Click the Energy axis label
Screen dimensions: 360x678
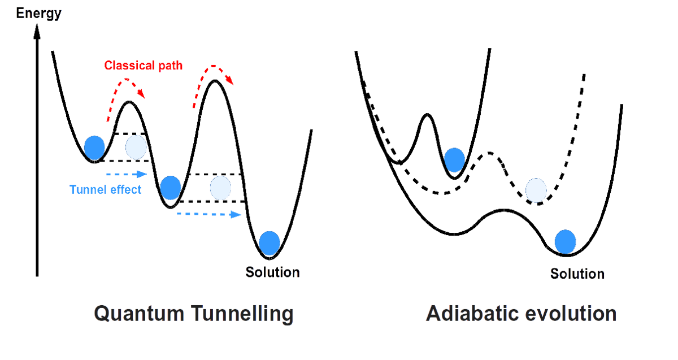(38, 12)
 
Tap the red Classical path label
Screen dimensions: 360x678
(144, 65)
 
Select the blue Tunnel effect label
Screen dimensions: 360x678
(105, 190)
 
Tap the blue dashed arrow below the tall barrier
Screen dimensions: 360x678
(210, 214)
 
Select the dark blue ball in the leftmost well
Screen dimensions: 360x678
(94, 148)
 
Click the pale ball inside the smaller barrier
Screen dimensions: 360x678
(136, 146)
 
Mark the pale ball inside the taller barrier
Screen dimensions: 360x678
(220, 188)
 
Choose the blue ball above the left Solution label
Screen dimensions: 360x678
(270, 243)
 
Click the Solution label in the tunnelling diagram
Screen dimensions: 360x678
(272, 272)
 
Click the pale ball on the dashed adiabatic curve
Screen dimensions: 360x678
(536, 190)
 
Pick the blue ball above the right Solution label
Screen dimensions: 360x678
(565, 241)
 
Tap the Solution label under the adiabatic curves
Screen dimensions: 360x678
(577, 274)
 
